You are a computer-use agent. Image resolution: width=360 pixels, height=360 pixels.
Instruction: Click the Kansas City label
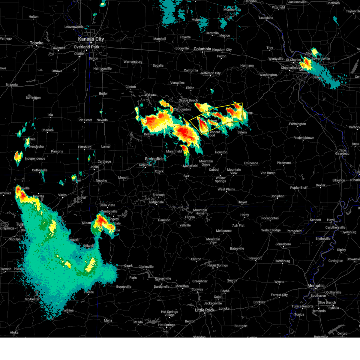point(91,39)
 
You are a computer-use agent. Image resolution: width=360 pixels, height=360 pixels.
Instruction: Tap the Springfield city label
point(155,159)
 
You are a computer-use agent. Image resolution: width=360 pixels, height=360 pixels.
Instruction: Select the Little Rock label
point(205,310)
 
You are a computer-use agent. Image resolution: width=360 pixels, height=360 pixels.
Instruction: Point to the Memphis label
point(316,286)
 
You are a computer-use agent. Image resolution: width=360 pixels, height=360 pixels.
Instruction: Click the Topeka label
point(37,43)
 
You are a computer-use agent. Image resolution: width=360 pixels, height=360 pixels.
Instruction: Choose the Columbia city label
point(202,49)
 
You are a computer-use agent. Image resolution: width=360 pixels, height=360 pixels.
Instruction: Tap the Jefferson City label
point(210,73)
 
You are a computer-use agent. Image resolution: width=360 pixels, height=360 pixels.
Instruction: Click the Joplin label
point(94,167)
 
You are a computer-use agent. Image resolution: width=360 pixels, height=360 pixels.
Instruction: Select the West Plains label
point(226,189)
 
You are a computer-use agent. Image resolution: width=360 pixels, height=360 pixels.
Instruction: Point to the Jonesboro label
point(283,244)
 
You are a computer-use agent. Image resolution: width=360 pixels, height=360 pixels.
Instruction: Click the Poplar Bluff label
point(299,188)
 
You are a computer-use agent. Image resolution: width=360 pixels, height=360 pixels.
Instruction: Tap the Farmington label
point(297,124)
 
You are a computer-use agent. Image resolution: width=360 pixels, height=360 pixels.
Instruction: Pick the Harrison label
point(164,220)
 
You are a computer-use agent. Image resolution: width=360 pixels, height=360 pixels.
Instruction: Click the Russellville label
point(163,278)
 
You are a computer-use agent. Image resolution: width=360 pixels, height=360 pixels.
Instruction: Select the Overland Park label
point(86,47)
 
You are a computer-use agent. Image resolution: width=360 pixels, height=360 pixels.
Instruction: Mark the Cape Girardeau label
point(342,152)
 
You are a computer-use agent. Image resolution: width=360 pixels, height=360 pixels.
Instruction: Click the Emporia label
point(12,85)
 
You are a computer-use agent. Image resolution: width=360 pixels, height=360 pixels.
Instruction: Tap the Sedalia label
point(158,65)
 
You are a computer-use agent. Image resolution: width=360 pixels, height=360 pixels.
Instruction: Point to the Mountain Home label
point(200,211)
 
